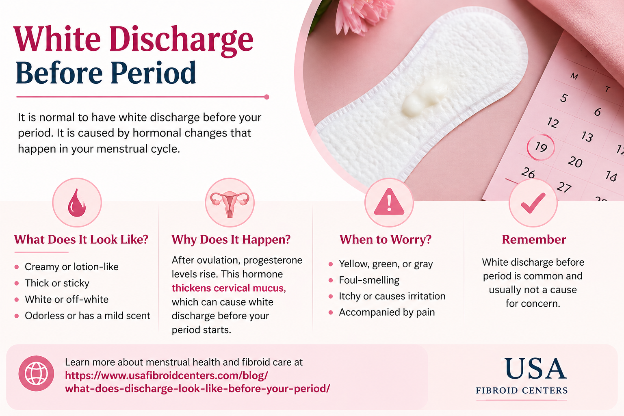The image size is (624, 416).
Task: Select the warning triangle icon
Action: [x=389, y=202]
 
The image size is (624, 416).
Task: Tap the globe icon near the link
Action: [x=36, y=373]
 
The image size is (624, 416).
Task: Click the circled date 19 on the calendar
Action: [x=541, y=147]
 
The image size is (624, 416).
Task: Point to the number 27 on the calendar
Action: [x=564, y=187]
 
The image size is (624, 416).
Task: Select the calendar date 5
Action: [x=564, y=98]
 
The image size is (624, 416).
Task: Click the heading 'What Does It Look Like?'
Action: [x=81, y=240]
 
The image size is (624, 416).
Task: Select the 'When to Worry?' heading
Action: [x=385, y=240]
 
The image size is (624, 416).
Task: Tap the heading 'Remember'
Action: [x=534, y=240]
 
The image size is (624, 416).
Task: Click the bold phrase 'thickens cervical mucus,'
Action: [x=229, y=288]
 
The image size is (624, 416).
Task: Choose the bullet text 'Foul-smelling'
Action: [x=369, y=280]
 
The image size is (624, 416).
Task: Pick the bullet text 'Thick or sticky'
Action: [x=57, y=283]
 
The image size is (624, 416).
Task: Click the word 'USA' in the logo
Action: [x=535, y=368]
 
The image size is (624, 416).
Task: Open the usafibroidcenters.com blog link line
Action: [x=166, y=376]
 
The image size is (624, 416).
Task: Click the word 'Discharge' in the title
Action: [x=181, y=40]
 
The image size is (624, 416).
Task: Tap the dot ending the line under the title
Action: [x=266, y=97]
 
